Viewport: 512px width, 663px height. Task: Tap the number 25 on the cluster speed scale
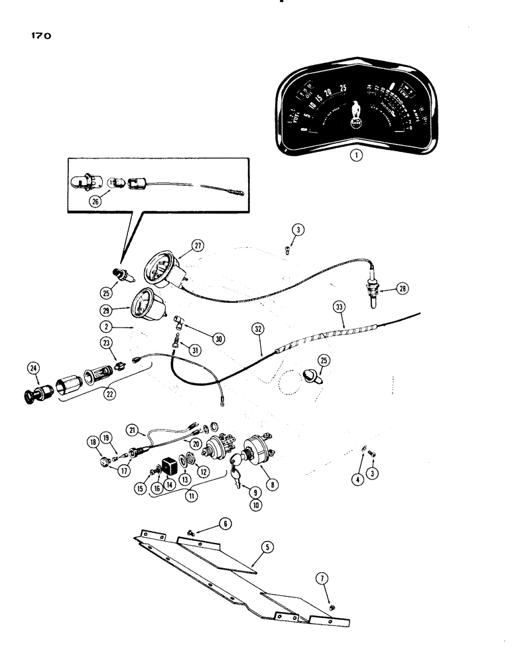point(343,87)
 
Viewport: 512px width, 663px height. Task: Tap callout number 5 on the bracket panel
point(267,548)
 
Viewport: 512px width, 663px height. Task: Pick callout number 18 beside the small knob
point(92,441)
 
